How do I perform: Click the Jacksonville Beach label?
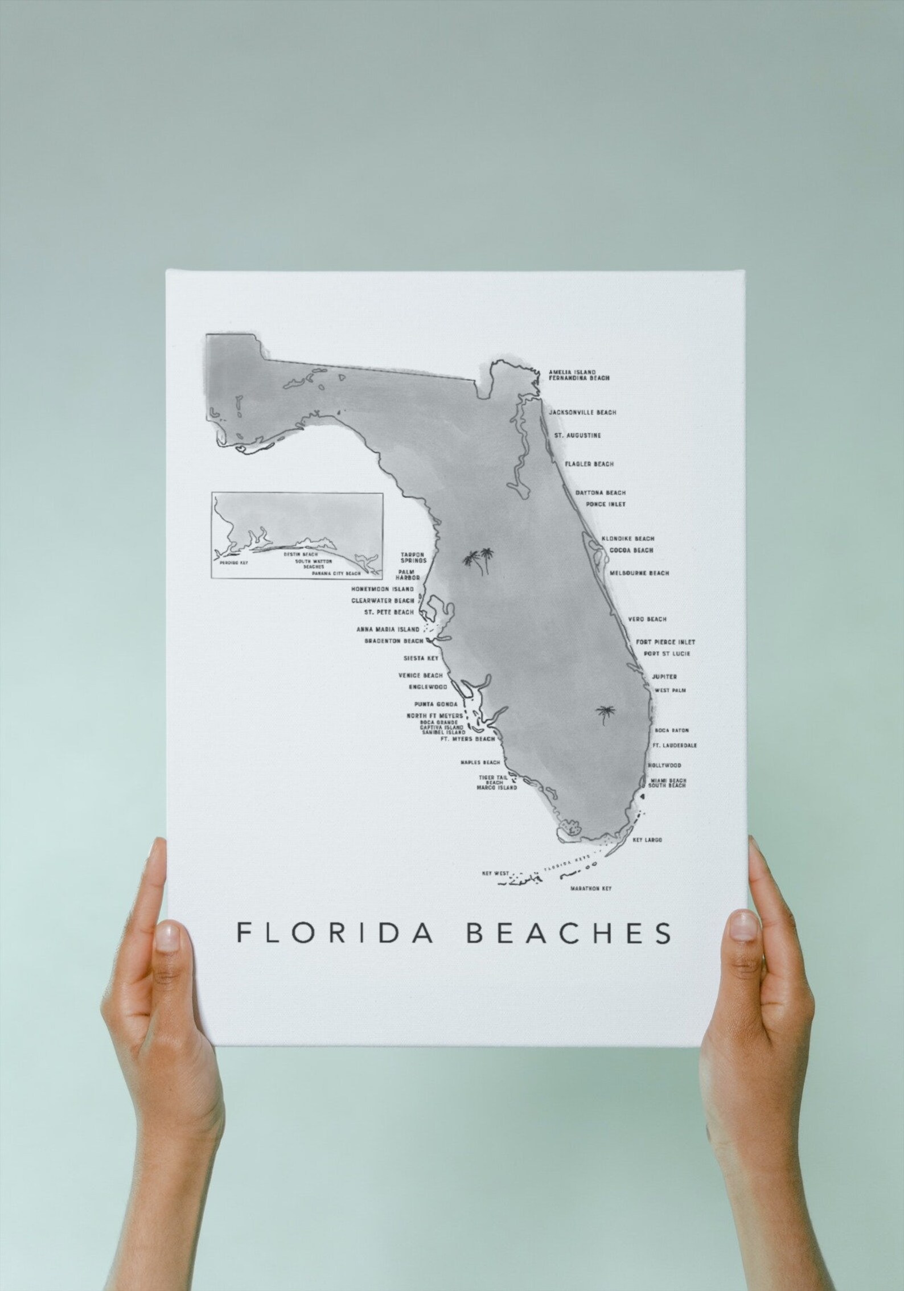(x=582, y=413)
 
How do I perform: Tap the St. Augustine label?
(x=577, y=436)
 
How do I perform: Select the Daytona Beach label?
(x=600, y=493)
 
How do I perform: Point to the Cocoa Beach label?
(x=631, y=550)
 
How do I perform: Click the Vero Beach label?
(x=647, y=619)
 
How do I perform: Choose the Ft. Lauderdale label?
(x=675, y=745)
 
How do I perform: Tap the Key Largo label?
(x=647, y=840)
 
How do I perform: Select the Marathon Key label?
(x=590, y=889)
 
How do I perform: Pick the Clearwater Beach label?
(x=382, y=601)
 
